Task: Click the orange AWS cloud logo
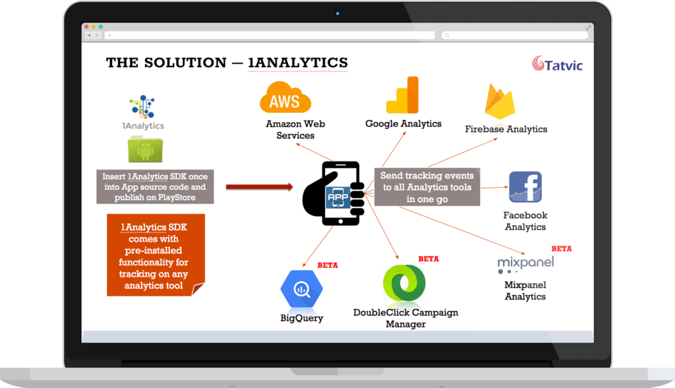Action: (285, 97)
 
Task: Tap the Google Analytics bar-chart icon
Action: (403, 95)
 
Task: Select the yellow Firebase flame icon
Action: (500, 101)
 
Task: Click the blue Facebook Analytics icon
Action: (525, 187)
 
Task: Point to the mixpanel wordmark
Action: (525, 262)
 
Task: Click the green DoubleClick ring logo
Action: (404, 283)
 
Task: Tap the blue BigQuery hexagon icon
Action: (302, 289)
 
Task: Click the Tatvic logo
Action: (558, 64)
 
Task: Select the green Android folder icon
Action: (145, 150)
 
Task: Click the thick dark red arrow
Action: (260, 186)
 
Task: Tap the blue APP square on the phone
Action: (338, 198)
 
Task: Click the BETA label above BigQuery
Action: (328, 265)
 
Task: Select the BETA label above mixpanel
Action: (562, 249)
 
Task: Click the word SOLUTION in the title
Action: (185, 63)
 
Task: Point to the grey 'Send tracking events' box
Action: (427, 186)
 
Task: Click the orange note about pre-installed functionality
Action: (156, 255)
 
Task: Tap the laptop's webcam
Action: (337, 14)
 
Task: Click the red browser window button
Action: (86, 26)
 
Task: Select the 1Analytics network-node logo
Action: (142, 107)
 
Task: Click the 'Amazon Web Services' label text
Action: (295, 130)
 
